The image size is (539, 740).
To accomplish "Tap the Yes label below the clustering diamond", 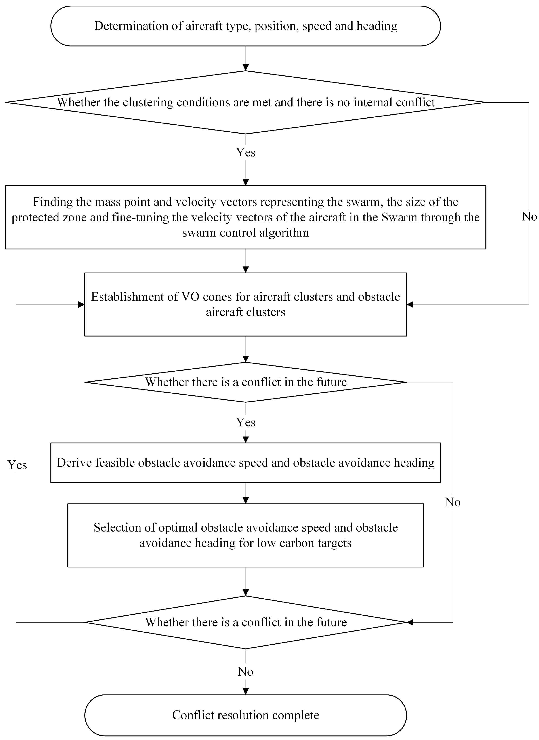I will [246, 152].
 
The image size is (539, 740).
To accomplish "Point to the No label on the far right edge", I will [529, 216].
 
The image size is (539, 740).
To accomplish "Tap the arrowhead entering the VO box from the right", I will [410, 305].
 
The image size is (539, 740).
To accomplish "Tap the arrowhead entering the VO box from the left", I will [81, 305].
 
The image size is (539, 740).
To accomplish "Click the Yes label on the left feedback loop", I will [17, 465].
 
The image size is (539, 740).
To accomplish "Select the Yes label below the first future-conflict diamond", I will [246, 422].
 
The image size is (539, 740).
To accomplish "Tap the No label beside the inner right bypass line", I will [453, 502].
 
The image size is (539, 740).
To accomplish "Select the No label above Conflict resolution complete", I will [246, 672].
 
